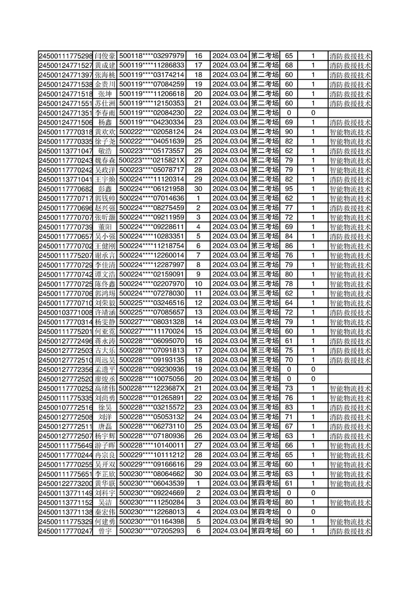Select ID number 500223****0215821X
[x=151, y=160]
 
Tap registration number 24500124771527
[x=65, y=65]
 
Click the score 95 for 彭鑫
[x=289, y=189]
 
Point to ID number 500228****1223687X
[x=151, y=388]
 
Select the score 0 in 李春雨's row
[x=289, y=113]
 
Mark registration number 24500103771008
[x=65, y=312]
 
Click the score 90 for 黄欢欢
[x=289, y=131]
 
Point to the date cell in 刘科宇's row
[x=229, y=493]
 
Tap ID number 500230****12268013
[x=151, y=512]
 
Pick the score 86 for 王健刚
[x=289, y=246]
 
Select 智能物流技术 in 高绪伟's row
[x=350, y=388]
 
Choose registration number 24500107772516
[x=65, y=407]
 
